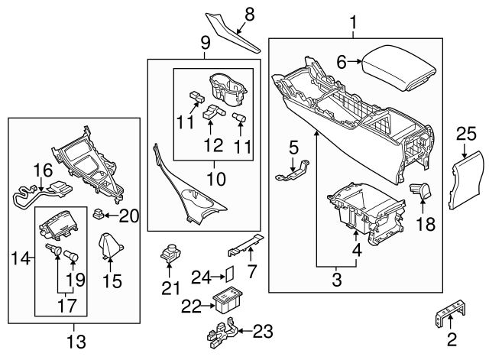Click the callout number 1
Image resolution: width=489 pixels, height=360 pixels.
pos(354,23)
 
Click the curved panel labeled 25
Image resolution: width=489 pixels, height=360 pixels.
pos(466,181)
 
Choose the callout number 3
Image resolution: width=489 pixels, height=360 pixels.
pos(337,281)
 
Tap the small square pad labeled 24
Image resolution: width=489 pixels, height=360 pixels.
pos(228,274)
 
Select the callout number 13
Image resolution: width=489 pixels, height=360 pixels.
pos(76,340)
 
